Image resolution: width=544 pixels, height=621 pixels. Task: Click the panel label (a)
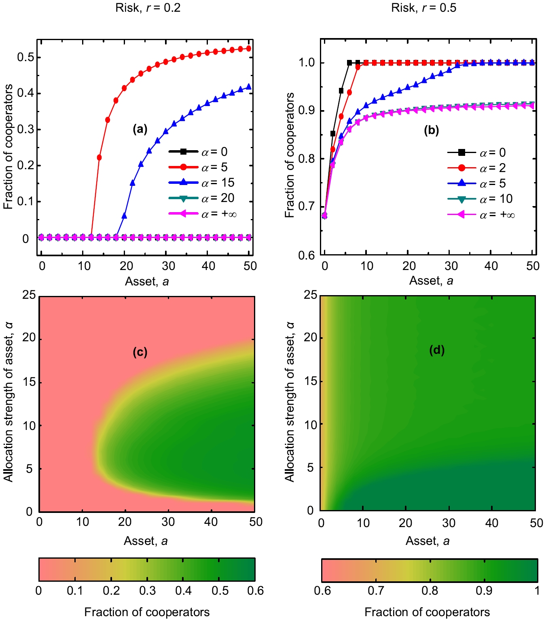pyautogui.click(x=140, y=129)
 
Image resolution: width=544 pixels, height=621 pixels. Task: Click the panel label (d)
pyautogui.click(x=437, y=350)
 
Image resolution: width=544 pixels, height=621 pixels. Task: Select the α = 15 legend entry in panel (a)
pyautogui.click(x=202, y=183)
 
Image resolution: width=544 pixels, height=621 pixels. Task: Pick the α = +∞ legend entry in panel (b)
pyautogui.click(x=481, y=215)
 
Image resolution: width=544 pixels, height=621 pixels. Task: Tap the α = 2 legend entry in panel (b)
pyautogui.click(x=477, y=168)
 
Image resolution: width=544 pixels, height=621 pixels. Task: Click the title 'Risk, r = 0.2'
pyautogui.click(x=148, y=8)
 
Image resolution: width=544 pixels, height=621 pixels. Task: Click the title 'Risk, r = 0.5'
pyautogui.click(x=423, y=8)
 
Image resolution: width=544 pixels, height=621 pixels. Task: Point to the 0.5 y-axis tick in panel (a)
pyautogui.click(x=25, y=57)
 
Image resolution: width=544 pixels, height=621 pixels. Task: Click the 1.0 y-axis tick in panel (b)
pyautogui.click(x=306, y=63)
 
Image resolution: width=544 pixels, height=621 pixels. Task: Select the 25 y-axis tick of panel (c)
pyautogui.click(x=29, y=295)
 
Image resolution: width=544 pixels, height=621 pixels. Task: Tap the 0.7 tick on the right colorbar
pyautogui.click(x=376, y=591)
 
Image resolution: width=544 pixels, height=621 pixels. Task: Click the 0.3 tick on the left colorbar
pyautogui.click(x=147, y=591)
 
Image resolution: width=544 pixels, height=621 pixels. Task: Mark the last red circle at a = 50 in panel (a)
pyautogui.click(x=248, y=49)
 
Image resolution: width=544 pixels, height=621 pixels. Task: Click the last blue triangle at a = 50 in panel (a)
pyautogui.click(x=248, y=87)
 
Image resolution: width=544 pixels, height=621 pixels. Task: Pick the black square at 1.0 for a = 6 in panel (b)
pyautogui.click(x=349, y=63)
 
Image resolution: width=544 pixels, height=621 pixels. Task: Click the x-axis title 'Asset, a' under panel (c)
pyautogui.click(x=146, y=541)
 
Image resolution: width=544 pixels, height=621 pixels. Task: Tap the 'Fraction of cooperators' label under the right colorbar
pyautogui.click(x=427, y=612)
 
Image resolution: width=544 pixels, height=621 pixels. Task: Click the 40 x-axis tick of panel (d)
pyautogui.click(x=491, y=523)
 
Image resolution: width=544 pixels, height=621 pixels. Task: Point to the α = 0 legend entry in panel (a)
pyautogui.click(x=199, y=152)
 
